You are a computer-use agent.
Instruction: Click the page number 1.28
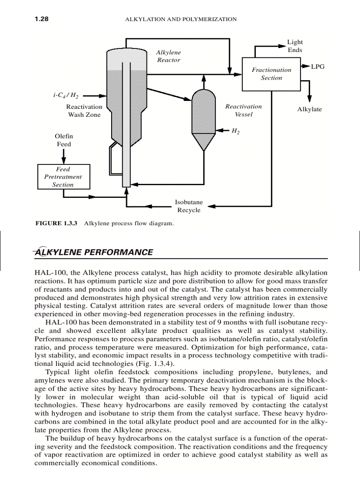[x=41, y=19]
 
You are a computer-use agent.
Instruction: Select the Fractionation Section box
[x=271, y=74]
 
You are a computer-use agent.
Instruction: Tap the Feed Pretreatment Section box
[x=63, y=177]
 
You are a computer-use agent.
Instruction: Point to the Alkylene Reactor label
[x=169, y=56]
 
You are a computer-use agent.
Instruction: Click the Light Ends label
[x=295, y=46]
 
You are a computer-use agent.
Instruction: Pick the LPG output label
[x=318, y=67]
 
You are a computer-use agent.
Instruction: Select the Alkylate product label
[x=309, y=109]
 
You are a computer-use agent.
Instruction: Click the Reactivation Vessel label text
[x=244, y=110]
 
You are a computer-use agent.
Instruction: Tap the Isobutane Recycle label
[x=189, y=206]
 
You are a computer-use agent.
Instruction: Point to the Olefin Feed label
[x=64, y=140]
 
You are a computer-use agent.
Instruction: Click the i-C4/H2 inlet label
[x=66, y=95]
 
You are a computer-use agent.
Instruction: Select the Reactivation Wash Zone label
[x=84, y=111]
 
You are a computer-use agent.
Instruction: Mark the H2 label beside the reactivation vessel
[x=235, y=130]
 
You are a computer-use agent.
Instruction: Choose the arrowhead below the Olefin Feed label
[x=64, y=160]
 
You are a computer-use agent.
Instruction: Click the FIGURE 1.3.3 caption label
[x=56, y=223]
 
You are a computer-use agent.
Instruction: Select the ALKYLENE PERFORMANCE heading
[x=94, y=252]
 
